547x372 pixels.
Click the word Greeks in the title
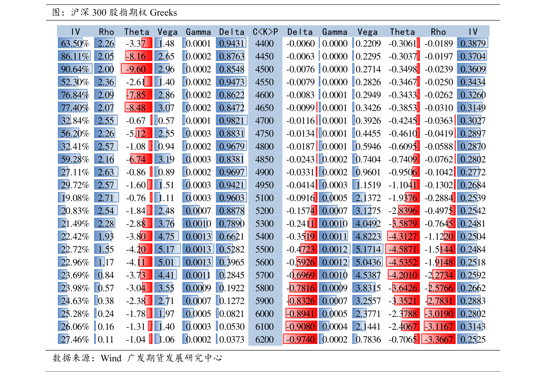[163, 12]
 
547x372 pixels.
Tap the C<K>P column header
[265, 32]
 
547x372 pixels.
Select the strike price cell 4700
[265, 121]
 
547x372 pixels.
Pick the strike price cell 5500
[265, 249]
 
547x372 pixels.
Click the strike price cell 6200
[265, 339]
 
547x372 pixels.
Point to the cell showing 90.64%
[75, 69]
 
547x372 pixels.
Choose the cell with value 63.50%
[75, 43]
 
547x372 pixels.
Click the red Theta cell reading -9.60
[137, 69]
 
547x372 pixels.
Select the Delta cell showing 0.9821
[231, 121]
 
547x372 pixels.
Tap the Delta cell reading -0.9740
[300, 339]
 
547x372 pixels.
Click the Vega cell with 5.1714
[368, 249]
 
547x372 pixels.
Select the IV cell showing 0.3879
[473, 43]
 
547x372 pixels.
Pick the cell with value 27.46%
[75, 339]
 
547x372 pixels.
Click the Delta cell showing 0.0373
[231, 339]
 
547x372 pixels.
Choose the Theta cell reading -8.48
[139, 108]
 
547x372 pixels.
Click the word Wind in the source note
[111, 358]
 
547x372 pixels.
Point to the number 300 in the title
[99, 12]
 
